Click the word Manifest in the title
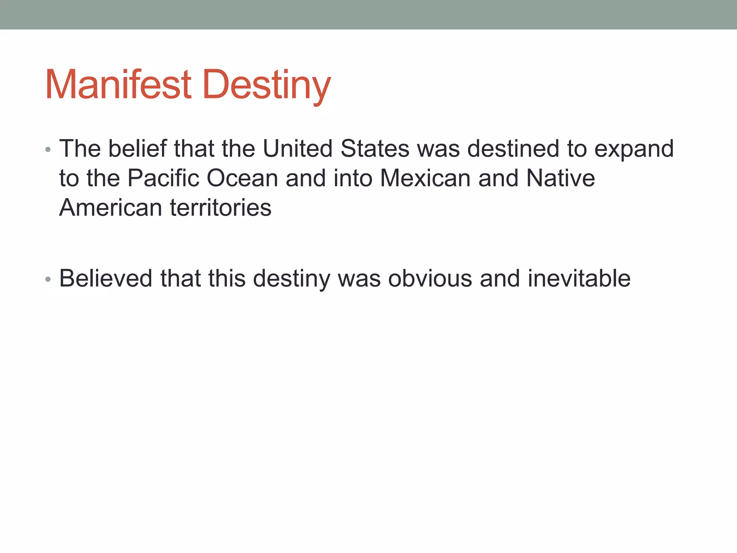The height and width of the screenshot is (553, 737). (118, 85)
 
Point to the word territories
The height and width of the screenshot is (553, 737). (221, 208)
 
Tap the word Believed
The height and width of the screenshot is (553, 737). (106, 278)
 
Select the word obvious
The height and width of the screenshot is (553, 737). (430, 278)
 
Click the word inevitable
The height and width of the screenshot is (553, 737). (579, 278)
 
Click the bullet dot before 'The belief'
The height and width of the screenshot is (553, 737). (48, 149)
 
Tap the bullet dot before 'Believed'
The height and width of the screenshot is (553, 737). (48, 279)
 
